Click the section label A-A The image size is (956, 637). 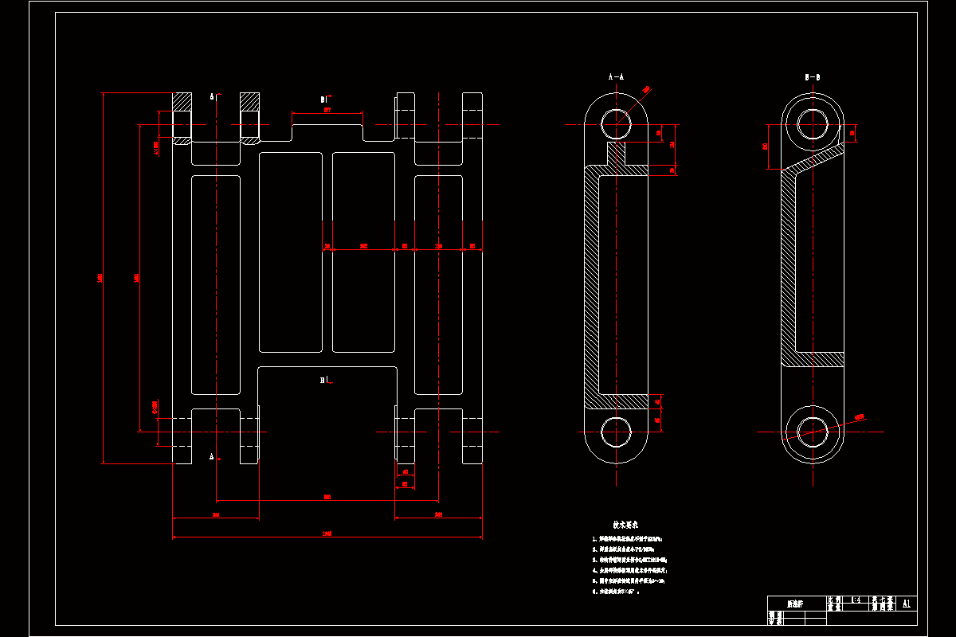click(x=616, y=77)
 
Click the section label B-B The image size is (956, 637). click(x=813, y=77)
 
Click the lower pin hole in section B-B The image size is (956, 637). click(x=813, y=431)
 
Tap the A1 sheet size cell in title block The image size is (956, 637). click(x=906, y=603)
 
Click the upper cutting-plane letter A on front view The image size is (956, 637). click(x=213, y=97)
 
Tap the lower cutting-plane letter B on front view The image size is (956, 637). click(x=323, y=381)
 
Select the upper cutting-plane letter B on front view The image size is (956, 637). click(x=323, y=100)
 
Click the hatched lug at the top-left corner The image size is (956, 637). click(x=182, y=102)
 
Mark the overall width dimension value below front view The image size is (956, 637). click(x=327, y=533)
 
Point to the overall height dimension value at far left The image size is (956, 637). click(x=100, y=277)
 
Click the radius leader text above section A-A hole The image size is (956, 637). click(x=645, y=89)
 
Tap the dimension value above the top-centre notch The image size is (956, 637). click(x=327, y=111)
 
